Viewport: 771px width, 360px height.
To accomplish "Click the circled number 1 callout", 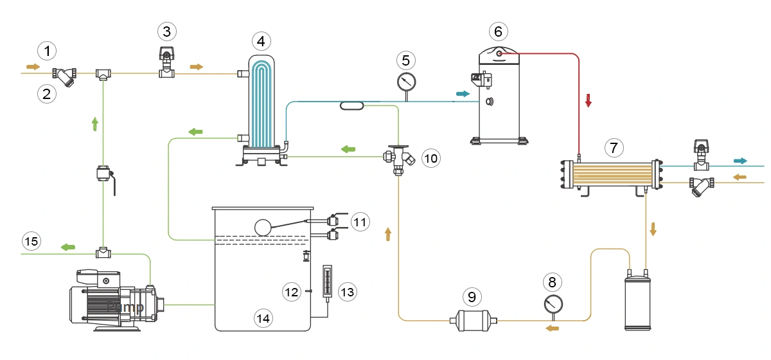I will pos(46,50).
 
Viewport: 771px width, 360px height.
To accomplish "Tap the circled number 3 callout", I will pos(166,31).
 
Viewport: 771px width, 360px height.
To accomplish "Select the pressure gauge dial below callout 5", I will pos(406,81).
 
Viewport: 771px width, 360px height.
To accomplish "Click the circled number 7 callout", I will pos(614,148).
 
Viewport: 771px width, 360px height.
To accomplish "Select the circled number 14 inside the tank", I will pos(263,317).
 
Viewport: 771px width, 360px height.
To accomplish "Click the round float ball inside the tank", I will pos(263,227).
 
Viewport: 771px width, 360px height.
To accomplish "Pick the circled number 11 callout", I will pos(360,222).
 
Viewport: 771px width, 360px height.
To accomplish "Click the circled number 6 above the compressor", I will pos(499,31).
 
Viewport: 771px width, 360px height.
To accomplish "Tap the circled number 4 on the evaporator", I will pos(260,42).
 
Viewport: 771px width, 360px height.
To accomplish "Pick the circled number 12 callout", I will pos(292,291).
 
